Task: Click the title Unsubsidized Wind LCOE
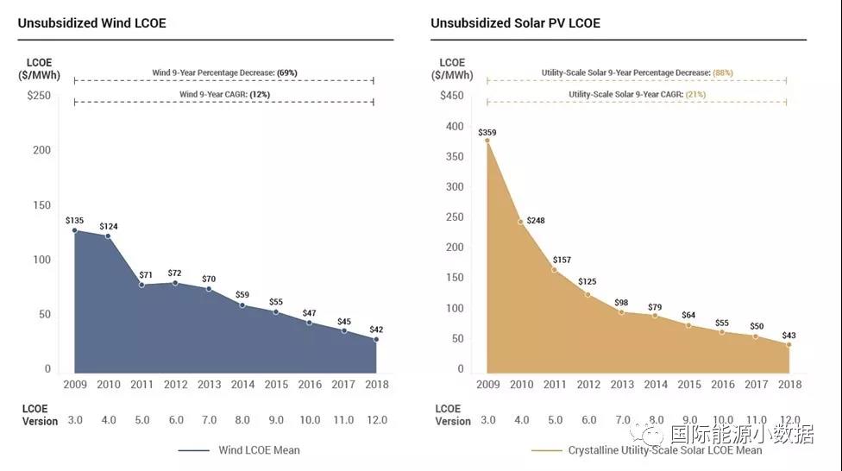(x=91, y=23)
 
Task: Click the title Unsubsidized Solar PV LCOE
(x=515, y=23)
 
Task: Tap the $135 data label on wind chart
(x=75, y=220)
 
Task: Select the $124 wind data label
(x=109, y=226)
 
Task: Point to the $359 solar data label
(x=487, y=132)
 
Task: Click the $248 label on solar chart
(x=536, y=220)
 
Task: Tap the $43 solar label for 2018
(x=789, y=335)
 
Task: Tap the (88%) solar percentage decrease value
(x=722, y=72)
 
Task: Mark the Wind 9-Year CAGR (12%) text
(x=223, y=94)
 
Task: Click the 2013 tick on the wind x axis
(x=209, y=384)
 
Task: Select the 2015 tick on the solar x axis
(x=688, y=384)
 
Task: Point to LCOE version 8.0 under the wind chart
(x=242, y=420)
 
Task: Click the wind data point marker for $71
(x=141, y=285)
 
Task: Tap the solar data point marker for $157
(x=554, y=270)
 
